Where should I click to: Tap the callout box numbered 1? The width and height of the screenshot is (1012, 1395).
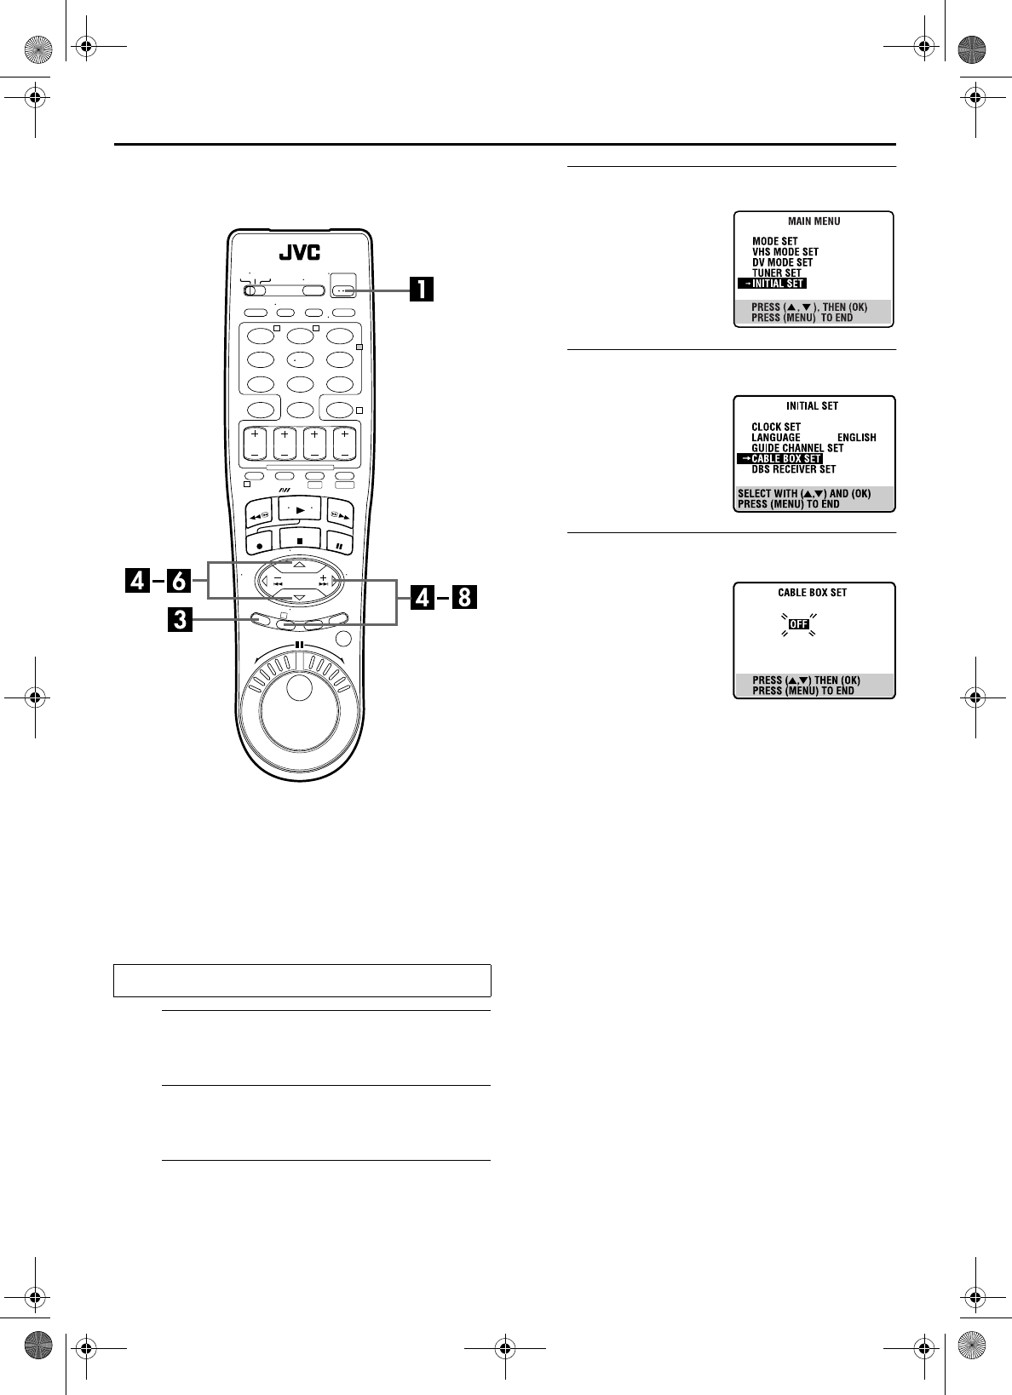[421, 290]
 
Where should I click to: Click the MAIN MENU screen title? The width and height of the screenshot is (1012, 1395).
[814, 221]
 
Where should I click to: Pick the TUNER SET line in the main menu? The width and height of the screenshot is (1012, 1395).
[776, 273]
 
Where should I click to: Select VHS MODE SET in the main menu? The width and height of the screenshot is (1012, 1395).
[785, 252]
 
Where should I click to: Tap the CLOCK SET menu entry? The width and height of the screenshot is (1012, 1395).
[775, 428]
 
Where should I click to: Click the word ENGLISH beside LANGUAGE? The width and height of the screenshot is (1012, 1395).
[856, 438]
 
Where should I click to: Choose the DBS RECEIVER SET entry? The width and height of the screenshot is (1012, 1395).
[793, 469]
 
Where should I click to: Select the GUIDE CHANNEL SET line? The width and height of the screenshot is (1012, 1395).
[796, 448]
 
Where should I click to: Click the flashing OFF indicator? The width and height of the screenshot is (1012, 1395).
[798, 624]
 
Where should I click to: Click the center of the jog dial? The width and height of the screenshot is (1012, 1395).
[299, 689]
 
